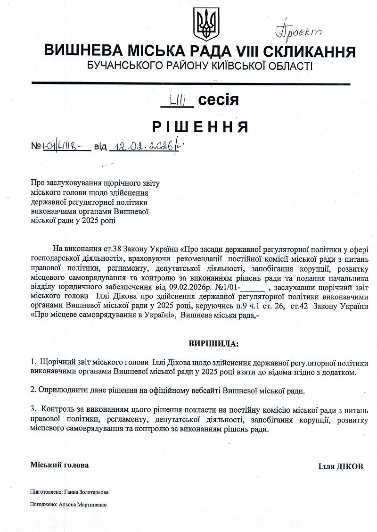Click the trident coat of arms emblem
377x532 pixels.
coord(205,24)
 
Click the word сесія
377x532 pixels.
coord(218,100)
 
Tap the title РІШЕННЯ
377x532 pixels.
coord(200,127)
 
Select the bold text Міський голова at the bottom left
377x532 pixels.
coord(59,465)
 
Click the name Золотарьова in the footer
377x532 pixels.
coord(91,491)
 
